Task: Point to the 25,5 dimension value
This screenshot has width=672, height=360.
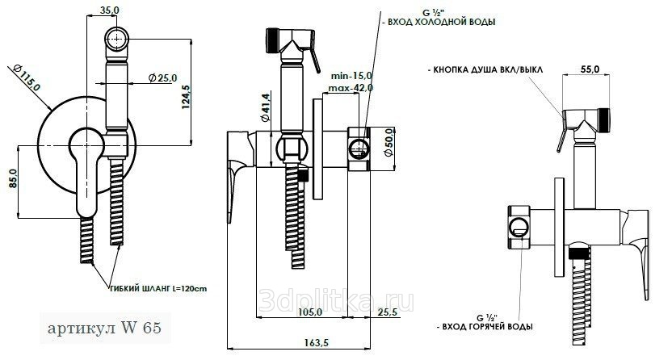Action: click(389, 312)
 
